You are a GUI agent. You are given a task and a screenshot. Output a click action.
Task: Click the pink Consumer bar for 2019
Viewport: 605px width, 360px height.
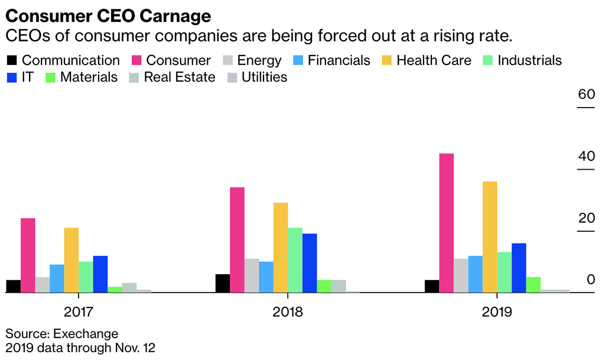click(x=447, y=223)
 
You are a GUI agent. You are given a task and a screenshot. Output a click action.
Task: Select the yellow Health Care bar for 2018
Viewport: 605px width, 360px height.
click(x=280, y=248)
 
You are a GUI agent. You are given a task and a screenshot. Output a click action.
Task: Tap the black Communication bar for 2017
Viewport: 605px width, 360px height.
click(x=13, y=286)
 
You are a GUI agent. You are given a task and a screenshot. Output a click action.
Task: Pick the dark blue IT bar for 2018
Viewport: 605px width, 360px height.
click(x=310, y=263)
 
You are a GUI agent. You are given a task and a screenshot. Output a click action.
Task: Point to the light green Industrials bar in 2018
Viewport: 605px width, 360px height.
click(x=295, y=260)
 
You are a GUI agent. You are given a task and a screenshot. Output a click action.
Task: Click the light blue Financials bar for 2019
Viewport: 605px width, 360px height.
click(x=476, y=274)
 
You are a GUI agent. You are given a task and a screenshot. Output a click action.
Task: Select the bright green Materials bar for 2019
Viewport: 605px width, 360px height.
click(x=534, y=284)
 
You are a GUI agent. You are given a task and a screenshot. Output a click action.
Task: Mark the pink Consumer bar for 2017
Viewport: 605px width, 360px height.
click(x=28, y=255)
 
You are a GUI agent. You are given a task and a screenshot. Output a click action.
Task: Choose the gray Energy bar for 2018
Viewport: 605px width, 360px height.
click(x=252, y=275)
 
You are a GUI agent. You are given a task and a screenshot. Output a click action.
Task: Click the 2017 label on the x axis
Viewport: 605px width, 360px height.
click(x=78, y=312)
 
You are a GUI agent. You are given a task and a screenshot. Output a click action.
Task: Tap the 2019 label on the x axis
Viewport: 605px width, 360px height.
click(x=497, y=312)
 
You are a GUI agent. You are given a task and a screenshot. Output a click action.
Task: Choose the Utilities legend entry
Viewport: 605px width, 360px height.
click(x=259, y=77)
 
